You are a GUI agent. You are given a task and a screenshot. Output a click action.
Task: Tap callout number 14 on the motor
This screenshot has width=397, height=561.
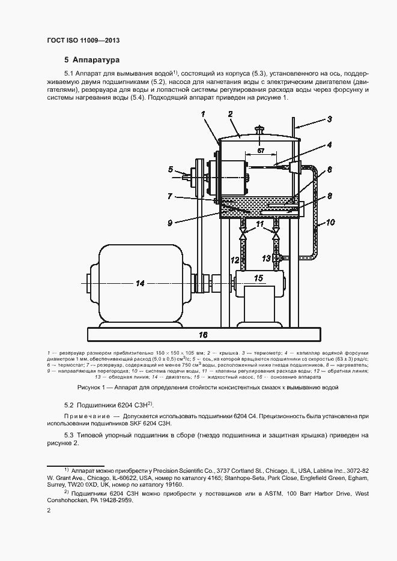pos(140,283)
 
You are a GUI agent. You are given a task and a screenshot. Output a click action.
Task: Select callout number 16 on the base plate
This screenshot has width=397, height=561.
pos(203,334)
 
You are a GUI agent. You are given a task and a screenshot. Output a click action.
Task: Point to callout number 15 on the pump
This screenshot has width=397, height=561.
pos(258,278)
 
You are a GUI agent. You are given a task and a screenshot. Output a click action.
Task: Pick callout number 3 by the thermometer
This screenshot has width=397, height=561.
pos(329,119)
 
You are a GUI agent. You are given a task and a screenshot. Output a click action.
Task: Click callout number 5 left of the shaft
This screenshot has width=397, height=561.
pos(171,169)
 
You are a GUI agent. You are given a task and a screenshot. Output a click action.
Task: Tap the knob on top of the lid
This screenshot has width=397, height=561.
pos(259,128)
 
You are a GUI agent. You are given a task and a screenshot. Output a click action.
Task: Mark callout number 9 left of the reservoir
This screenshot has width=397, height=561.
pos(170,223)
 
